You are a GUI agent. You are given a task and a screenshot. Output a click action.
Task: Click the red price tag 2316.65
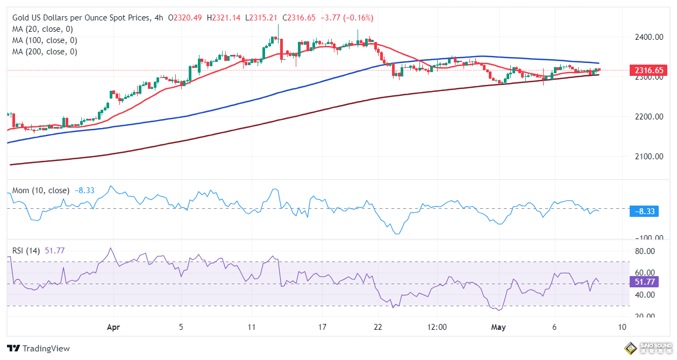tap(650, 70)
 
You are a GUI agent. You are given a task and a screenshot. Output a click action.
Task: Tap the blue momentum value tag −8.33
tap(644, 211)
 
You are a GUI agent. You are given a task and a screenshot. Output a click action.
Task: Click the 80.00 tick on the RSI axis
tap(645, 251)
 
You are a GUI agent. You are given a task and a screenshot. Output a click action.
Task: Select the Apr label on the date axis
tap(113, 327)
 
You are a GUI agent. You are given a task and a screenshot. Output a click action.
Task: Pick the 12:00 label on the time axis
tap(437, 327)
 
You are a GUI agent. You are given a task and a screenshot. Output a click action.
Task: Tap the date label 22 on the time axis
tap(378, 327)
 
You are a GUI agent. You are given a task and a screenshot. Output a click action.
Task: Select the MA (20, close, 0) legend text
tap(42, 29)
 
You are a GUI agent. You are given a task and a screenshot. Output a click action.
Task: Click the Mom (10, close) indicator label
tap(41, 190)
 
